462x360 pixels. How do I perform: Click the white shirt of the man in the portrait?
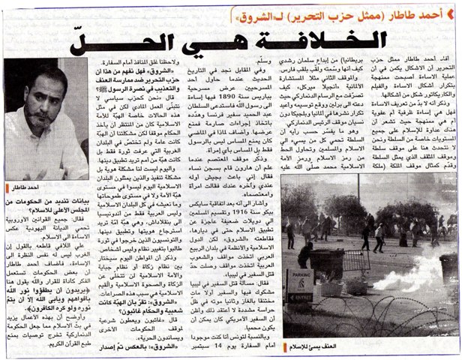(x=45, y=166)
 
